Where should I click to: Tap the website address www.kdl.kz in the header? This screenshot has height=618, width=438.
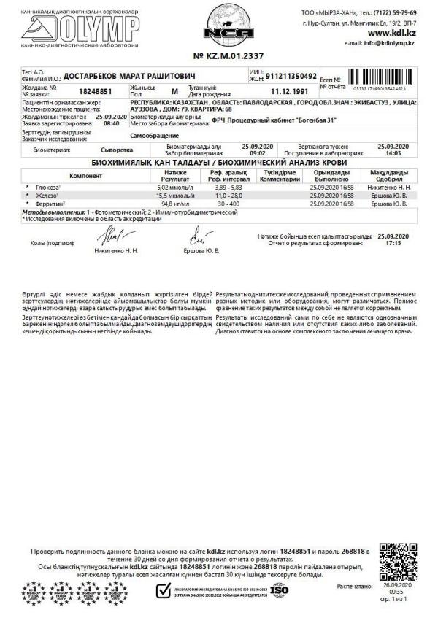click(x=393, y=33)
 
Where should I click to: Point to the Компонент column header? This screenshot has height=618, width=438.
click(x=85, y=176)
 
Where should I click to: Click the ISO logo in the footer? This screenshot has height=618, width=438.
click(x=279, y=590)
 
